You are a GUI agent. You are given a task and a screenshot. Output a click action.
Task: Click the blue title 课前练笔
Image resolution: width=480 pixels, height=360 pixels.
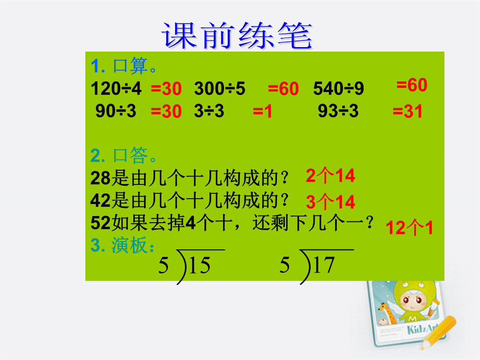pyautogui.click(x=236, y=36)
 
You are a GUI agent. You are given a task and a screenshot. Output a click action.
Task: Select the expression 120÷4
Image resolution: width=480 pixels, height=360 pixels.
pyautogui.click(x=116, y=88)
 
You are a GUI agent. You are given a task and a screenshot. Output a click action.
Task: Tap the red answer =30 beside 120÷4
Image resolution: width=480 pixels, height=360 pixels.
pyautogui.click(x=166, y=88)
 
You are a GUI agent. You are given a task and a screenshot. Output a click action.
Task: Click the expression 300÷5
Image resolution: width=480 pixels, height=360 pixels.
pyautogui.click(x=220, y=88)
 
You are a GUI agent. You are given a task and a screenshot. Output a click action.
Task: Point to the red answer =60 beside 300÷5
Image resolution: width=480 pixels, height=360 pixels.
pyautogui.click(x=283, y=88)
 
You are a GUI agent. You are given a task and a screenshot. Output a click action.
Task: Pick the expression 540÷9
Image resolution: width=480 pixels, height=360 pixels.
pyautogui.click(x=339, y=88)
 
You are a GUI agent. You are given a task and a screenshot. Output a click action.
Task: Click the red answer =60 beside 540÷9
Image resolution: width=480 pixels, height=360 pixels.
pyautogui.click(x=412, y=85)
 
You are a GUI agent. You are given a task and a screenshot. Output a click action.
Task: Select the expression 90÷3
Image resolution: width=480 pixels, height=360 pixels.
pyautogui.click(x=116, y=111)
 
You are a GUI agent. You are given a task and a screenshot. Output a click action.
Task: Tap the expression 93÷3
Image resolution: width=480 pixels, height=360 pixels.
pyautogui.click(x=338, y=111)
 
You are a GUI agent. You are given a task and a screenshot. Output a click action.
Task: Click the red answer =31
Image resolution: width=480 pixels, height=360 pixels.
pyautogui.click(x=408, y=111)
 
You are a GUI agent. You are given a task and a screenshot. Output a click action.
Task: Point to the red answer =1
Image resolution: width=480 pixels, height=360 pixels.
pyautogui.click(x=262, y=111)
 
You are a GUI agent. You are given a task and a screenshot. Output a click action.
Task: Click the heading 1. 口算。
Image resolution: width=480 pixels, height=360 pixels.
pyautogui.click(x=124, y=66)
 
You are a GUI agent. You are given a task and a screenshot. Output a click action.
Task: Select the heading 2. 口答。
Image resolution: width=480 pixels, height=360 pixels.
pyautogui.click(x=124, y=155)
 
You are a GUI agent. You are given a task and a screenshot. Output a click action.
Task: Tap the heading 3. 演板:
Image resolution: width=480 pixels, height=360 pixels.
pyautogui.click(x=123, y=245)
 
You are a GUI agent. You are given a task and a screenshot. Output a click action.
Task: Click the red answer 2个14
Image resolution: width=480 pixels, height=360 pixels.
pyautogui.click(x=330, y=176)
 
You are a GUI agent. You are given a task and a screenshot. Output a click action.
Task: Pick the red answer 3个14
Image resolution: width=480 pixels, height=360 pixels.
pyautogui.click(x=330, y=202)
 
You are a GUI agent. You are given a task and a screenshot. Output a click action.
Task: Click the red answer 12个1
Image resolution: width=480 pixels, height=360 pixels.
pyautogui.click(x=409, y=228)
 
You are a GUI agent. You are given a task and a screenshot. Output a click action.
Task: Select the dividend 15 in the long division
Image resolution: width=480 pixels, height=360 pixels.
pyautogui.click(x=200, y=265)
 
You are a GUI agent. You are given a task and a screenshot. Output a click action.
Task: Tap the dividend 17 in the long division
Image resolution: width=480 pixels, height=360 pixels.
pyautogui.click(x=324, y=265)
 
